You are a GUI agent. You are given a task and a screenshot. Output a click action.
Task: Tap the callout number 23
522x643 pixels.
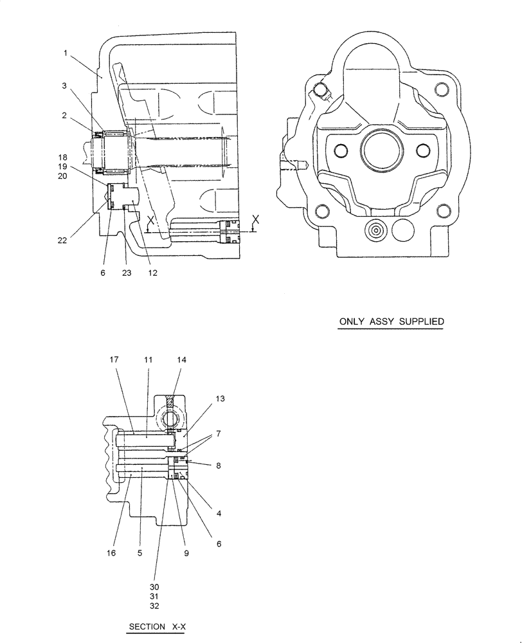(127, 273)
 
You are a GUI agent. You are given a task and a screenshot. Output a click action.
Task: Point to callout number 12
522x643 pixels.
(152, 273)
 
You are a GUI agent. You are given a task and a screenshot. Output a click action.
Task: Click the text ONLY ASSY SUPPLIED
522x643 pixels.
(391, 321)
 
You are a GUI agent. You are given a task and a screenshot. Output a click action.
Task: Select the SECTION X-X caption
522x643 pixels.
(157, 626)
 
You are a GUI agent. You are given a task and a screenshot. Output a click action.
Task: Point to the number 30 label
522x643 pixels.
(154, 587)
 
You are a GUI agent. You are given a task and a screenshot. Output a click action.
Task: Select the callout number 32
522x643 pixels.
(154, 606)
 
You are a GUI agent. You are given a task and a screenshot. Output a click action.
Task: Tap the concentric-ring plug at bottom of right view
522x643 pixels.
(375, 228)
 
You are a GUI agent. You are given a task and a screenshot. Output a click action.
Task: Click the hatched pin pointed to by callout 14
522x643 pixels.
(170, 403)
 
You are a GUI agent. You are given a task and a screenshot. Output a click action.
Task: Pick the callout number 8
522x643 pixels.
(219, 464)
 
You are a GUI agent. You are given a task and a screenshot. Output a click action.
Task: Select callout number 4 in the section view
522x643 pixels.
(219, 513)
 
